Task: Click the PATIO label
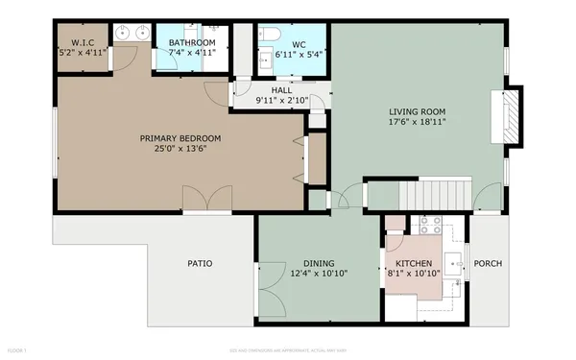pyautogui.click(x=200, y=264)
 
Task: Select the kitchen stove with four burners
pyautogui.click(x=429, y=228)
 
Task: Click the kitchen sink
pyautogui.click(x=458, y=263)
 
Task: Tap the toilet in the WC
pyautogui.click(x=269, y=36)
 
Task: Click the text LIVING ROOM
pyautogui.click(x=417, y=110)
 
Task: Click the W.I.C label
pyautogui.click(x=83, y=42)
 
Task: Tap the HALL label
pyautogui.click(x=281, y=90)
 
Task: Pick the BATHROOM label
pyautogui.click(x=192, y=42)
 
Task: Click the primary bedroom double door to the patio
pyautogui.click(x=205, y=202)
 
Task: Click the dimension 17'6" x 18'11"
pyautogui.click(x=417, y=121)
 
